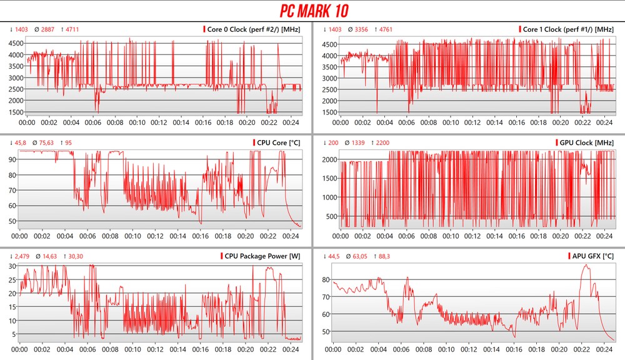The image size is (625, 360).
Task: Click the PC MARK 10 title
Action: [312, 11]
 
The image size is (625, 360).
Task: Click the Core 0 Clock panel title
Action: [255, 29]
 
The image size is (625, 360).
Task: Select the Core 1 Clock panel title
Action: [568, 29]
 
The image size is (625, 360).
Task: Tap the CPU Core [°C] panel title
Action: [279, 142]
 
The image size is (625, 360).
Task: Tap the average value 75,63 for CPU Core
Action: [46, 142]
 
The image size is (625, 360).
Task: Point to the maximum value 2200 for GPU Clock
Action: [382, 142]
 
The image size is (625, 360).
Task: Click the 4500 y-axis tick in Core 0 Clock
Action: [16, 44]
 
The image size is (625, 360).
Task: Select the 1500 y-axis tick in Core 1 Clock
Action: [330, 112]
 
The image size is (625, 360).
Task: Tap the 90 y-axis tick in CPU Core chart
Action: [12, 159]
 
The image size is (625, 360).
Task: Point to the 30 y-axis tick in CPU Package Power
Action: [11, 266]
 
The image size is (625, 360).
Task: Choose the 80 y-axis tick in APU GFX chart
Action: [326, 279]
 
